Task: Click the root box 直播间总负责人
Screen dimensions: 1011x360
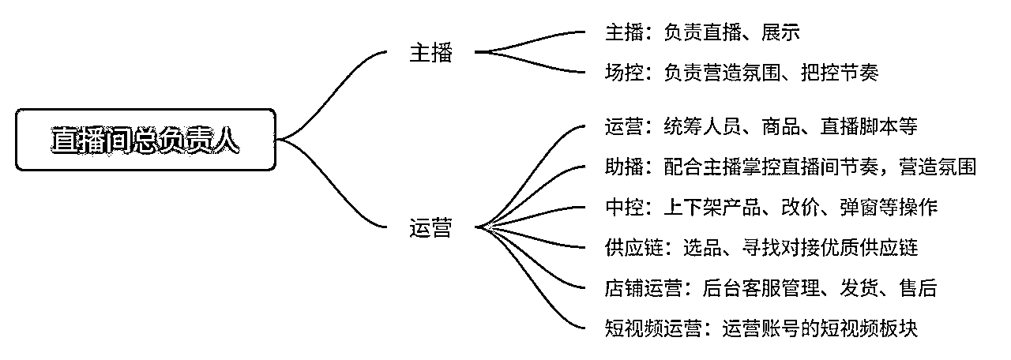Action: pos(145,140)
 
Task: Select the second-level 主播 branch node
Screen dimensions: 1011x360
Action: pos(430,53)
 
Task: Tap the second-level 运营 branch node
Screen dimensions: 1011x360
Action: pos(430,228)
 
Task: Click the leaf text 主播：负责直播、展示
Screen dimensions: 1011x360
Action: pos(702,32)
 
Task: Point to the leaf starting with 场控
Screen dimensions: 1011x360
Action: pos(742,73)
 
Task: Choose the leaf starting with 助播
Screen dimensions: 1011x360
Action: pos(791,167)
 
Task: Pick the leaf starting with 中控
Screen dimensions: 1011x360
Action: pos(771,208)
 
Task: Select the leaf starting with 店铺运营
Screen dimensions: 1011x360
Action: pos(771,288)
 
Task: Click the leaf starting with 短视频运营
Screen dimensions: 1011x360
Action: pos(761,328)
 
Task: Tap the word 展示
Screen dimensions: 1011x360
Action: pos(781,32)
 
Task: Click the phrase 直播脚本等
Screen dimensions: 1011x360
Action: pos(869,126)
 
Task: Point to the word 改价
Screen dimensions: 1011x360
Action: pos(800,208)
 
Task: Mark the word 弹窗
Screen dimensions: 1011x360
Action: pos(859,208)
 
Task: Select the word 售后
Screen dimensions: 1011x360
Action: pos(918,288)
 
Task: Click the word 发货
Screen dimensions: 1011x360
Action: pos(859,288)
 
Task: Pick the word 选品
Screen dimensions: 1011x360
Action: pos(702,248)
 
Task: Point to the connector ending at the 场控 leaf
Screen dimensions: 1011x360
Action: pos(530,63)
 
